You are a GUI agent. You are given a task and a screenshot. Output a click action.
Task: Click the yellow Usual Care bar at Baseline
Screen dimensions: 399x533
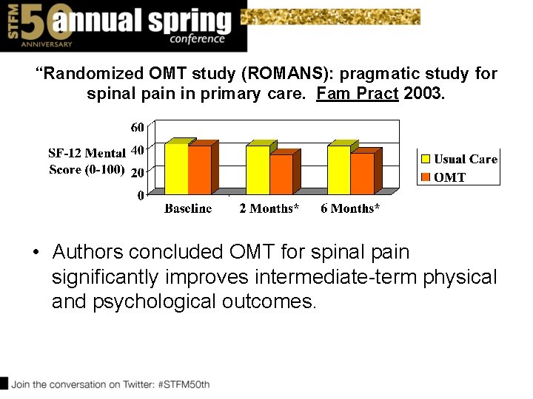(x=176, y=169)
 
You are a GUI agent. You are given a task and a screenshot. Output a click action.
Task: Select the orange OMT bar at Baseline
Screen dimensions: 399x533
(x=199, y=170)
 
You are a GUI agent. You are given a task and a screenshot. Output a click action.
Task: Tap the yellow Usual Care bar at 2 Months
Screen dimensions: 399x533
(x=258, y=170)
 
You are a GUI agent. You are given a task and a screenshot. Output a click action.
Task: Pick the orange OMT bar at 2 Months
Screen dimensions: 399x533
(x=281, y=174)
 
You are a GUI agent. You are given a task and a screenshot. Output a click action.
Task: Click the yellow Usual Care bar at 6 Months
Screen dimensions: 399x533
(x=338, y=170)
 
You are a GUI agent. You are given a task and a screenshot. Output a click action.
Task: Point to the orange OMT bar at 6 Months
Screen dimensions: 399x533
(x=362, y=174)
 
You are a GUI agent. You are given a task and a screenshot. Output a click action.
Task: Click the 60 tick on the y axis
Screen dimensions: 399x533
(x=138, y=128)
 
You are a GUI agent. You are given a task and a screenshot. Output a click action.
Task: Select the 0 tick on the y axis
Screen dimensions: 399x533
(x=141, y=196)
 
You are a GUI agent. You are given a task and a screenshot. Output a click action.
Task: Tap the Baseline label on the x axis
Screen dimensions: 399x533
(x=188, y=209)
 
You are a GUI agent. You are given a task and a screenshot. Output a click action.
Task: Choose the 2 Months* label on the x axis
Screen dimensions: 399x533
(x=269, y=209)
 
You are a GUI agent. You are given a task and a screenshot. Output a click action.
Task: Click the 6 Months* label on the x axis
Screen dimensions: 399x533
(x=350, y=209)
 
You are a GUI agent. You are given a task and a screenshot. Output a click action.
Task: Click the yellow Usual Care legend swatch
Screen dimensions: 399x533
(x=426, y=159)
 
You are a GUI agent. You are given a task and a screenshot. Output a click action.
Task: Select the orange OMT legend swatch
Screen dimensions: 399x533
(x=426, y=177)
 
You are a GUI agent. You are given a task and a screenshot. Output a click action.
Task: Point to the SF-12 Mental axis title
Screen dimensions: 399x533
(x=87, y=154)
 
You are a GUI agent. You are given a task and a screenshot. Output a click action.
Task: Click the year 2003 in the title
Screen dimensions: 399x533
(x=423, y=95)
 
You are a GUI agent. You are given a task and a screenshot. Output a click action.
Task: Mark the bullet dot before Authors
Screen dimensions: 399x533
(x=36, y=253)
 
